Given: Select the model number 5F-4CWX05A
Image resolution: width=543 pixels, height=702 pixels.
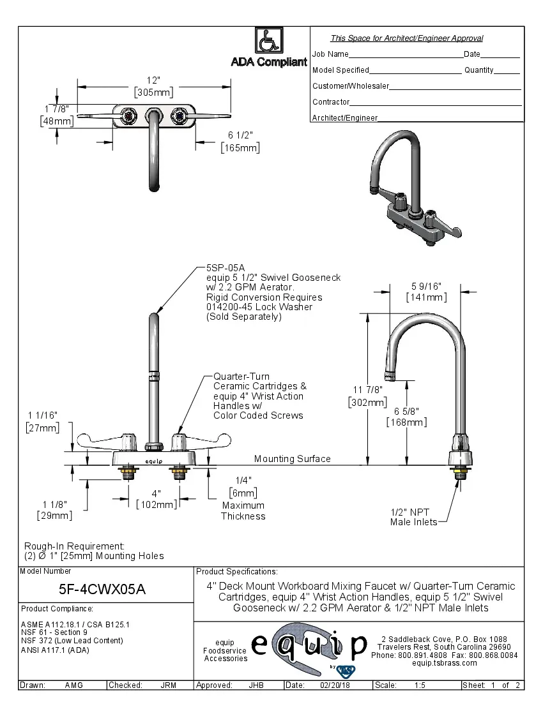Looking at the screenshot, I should (x=106, y=590).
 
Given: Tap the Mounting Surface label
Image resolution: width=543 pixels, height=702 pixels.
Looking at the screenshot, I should (x=292, y=459).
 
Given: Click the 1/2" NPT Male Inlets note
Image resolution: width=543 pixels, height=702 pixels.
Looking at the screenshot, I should (x=414, y=517).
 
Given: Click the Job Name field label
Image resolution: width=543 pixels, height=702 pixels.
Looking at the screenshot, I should (x=330, y=54).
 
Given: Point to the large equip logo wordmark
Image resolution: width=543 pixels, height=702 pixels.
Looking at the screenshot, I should (x=309, y=645).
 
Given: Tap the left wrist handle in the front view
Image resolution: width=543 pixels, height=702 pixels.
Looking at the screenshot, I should (x=96, y=441).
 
